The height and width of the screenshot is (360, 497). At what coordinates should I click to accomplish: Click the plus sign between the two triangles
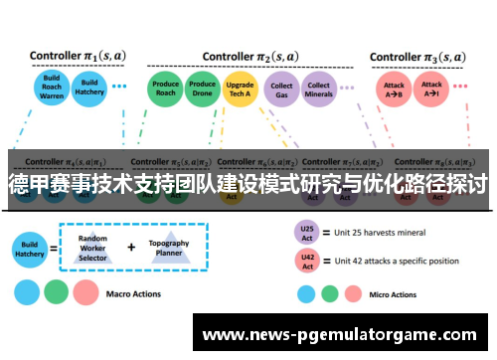pos(131,245)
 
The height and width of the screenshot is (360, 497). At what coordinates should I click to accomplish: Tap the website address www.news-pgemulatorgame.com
pos(338,336)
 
